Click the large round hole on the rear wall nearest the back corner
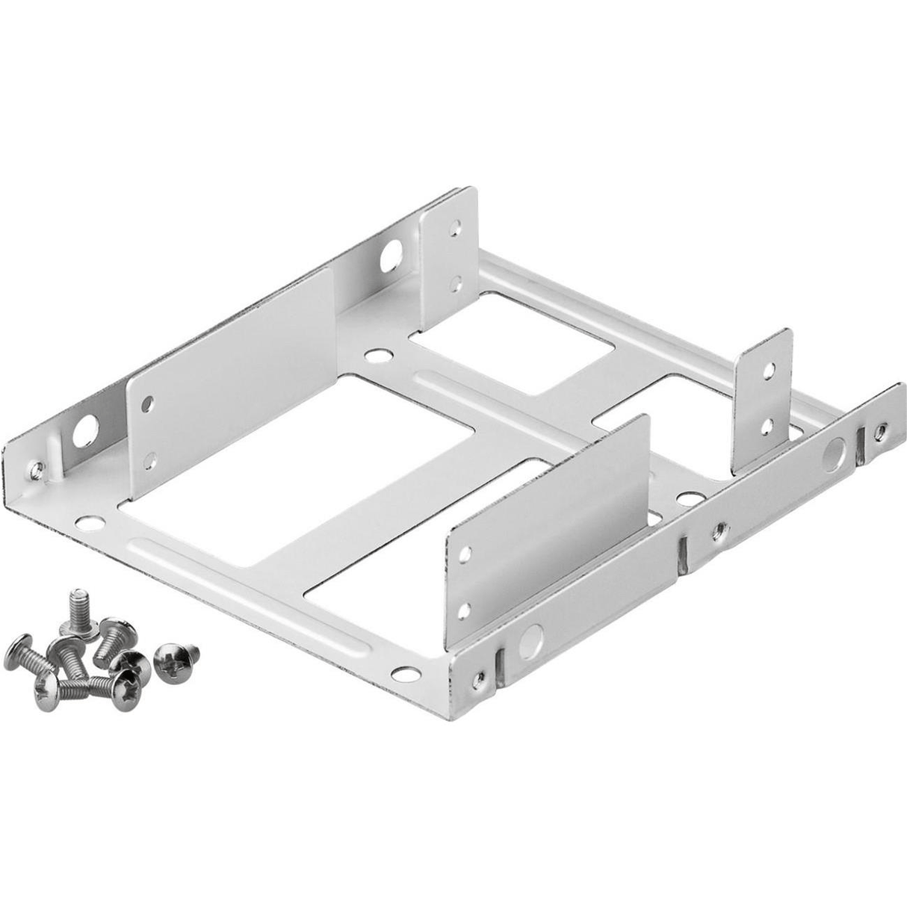click(389, 257)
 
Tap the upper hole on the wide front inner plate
click(464, 554)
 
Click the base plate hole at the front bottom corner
click(404, 674)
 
